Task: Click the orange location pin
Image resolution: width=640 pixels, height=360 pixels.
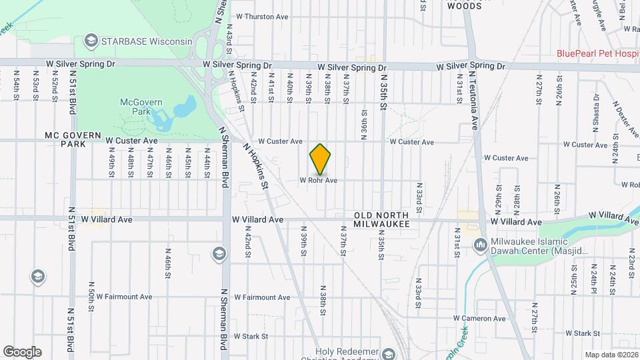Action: click(320, 160)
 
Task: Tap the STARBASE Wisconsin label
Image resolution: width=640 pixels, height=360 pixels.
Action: click(146, 41)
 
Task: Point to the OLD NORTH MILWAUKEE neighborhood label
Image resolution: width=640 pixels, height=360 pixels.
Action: click(381, 219)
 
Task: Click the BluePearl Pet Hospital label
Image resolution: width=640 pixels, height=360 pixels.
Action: click(598, 53)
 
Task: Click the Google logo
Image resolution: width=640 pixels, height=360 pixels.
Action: click(22, 352)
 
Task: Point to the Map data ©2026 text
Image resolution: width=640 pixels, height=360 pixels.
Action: click(611, 355)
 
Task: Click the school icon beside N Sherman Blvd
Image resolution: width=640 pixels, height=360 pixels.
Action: click(219, 253)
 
